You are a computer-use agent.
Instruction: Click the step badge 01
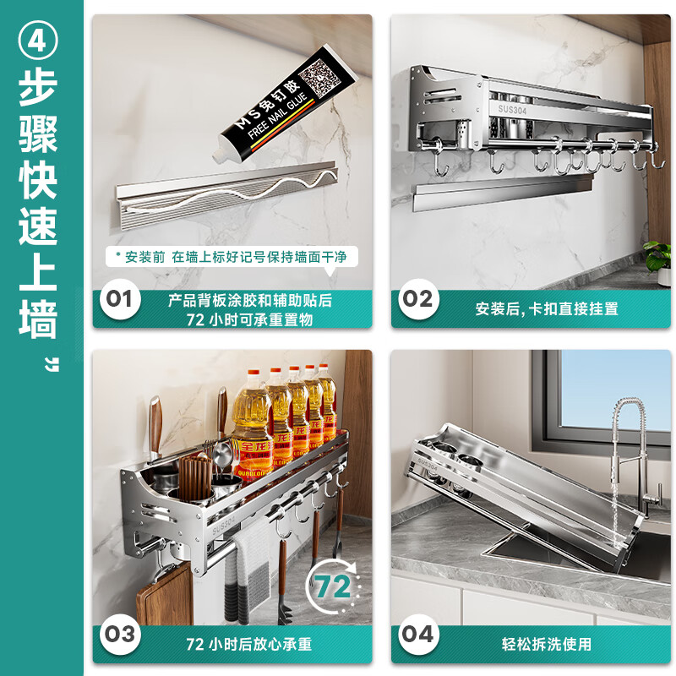click(x=120, y=298)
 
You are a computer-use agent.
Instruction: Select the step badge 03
click(x=120, y=634)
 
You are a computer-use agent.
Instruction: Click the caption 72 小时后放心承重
click(x=248, y=645)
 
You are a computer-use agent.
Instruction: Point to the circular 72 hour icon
click(x=333, y=586)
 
